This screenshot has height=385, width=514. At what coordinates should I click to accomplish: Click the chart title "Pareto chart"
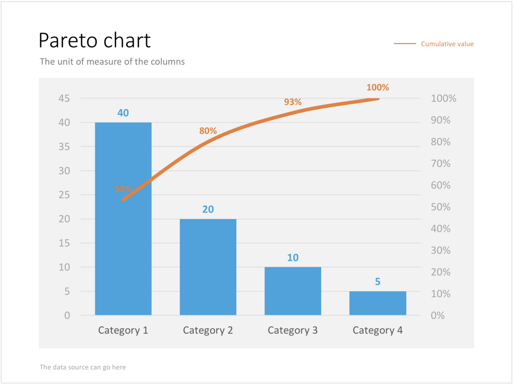click(x=94, y=41)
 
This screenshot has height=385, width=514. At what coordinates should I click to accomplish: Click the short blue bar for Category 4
click(x=377, y=303)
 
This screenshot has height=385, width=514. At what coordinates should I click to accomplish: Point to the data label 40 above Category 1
click(x=123, y=113)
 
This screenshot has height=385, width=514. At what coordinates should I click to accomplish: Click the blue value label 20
click(x=208, y=209)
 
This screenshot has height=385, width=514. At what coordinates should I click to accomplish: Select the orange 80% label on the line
click(x=208, y=131)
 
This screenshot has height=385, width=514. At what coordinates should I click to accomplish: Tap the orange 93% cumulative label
click(x=293, y=102)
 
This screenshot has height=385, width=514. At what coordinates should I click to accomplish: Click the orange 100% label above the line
click(x=377, y=87)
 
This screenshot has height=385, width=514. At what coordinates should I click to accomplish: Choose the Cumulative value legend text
click(x=447, y=44)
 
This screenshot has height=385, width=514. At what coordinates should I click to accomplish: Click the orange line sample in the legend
click(x=405, y=44)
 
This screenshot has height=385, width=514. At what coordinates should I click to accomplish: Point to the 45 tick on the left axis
click(x=64, y=98)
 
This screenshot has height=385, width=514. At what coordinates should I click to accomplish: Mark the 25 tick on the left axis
click(x=64, y=195)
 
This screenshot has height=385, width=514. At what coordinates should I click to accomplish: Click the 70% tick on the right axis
click(x=441, y=163)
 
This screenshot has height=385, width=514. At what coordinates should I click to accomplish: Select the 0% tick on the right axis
click(x=438, y=315)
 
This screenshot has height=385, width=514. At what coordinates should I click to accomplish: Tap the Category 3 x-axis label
click(x=293, y=330)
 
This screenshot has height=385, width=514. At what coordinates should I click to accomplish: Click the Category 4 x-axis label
click(x=377, y=330)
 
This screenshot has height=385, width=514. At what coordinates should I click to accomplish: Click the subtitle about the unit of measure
click(x=112, y=62)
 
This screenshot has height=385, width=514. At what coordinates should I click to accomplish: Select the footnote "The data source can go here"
click(x=83, y=367)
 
